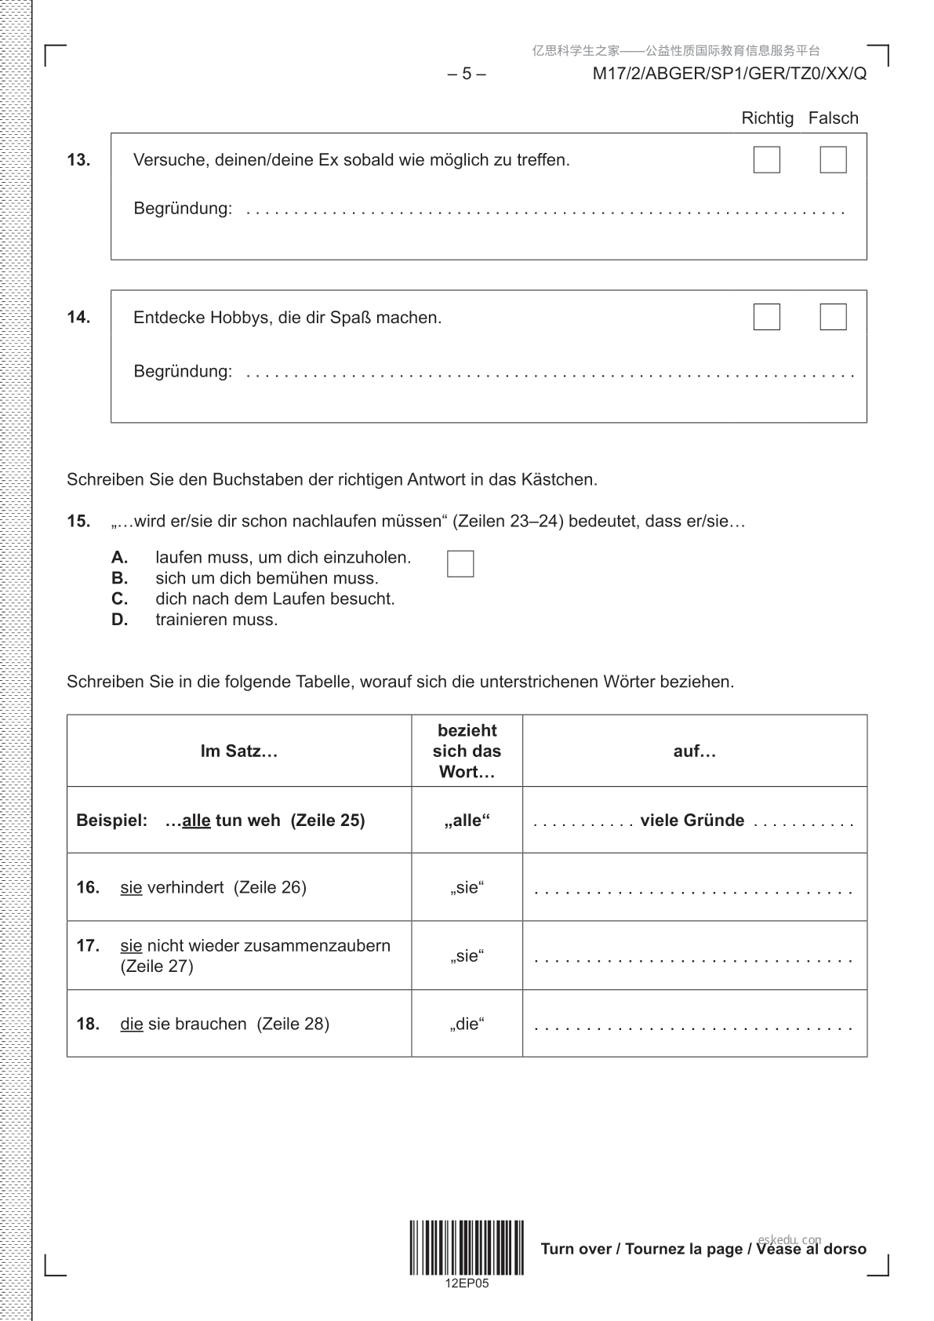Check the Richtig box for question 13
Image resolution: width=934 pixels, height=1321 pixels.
pyautogui.click(x=766, y=160)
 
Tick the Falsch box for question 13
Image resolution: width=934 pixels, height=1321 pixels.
pyautogui.click(x=833, y=160)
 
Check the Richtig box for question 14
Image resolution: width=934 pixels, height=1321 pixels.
pyautogui.click(x=766, y=317)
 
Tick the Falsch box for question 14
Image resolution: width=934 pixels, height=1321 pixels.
pyautogui.click(x=833, y=317)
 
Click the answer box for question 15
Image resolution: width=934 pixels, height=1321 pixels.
pyautogui.click(x=460, y=564)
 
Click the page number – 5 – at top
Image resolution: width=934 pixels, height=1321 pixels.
pyautogui.click(x=467, y=74)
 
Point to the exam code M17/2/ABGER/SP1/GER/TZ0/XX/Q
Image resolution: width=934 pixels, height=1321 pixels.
pyautogui.click(x=729, y=74)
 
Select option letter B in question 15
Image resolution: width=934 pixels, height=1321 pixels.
pyautogui.click(x=119, y=579)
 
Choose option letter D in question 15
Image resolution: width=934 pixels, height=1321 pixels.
pyautogui.click(x=119, y=620)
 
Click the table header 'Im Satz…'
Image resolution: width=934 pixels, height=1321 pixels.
pyautogui.click(x=239, y=751)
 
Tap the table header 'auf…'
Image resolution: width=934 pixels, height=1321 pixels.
pyautogui.click(x=695, y=751)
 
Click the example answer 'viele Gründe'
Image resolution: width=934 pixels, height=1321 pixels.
pyautogui.click(x=692, y=821)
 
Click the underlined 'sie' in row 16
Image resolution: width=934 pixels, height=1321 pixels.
pyautogui.click(x=131, y=888)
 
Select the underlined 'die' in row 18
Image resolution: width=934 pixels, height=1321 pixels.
pyautogui.click(x=132, y=1024)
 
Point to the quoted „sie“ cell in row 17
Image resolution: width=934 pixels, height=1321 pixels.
pyautogui.click(x=467, y=955)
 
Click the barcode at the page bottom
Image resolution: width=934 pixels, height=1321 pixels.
pyautogui.click(x=467, y=1247)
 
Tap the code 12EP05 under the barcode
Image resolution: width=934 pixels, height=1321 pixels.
pyautogui.click(x=467, y=1284)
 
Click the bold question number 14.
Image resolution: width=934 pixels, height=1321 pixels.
pyautogui.click(x=78, y=318)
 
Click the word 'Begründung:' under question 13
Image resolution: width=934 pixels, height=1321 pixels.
pyautogui.click(x=183, y=209)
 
